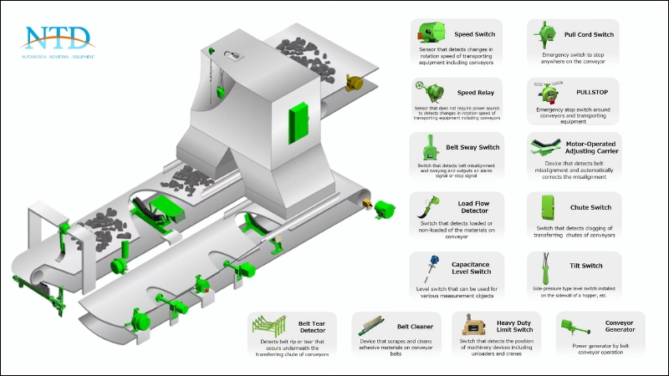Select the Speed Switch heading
[x=474, y=35]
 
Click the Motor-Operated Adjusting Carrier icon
[x=547, y=150]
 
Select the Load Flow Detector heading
[x=473, y=206]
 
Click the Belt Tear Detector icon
[x=268, y=328]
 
